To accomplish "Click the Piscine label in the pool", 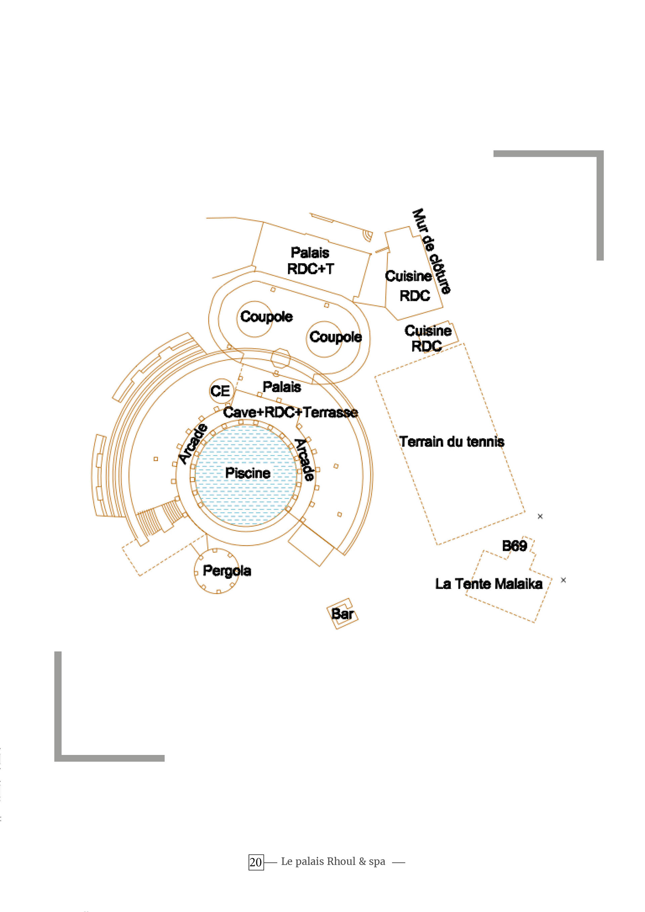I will (248, 473).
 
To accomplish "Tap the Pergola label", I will (227, 571).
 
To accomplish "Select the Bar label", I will (342, 614).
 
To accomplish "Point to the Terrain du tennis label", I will (452, 442).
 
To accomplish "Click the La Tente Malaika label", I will (489, 584).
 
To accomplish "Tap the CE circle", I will (220, 391).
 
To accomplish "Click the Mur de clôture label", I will (431, 252).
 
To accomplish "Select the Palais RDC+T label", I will (310, 261).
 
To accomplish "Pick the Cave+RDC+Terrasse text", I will (291, 412).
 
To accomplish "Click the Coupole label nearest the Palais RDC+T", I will (266, 317).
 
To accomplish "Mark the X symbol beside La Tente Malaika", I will (563, 580).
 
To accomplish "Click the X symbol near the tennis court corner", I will (540, 516).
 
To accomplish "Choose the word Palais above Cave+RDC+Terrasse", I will (282, 387).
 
